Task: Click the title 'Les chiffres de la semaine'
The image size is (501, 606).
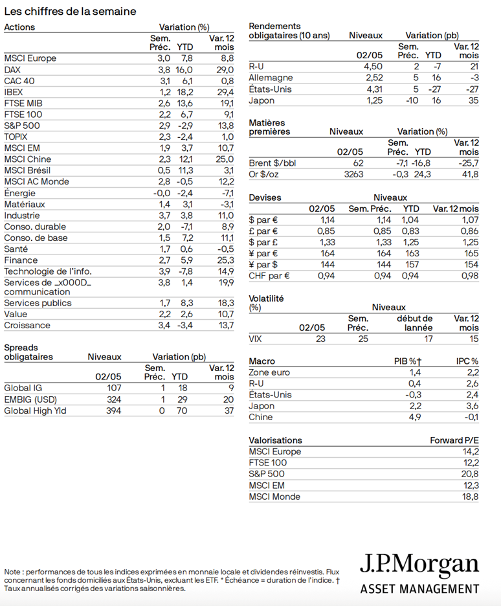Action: click(x=70, y=12)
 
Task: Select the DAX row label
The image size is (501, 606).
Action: click(x=12, y=69)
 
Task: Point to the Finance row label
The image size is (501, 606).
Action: click(x=21, y=260)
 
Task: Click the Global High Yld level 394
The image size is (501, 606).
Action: click(x=113, y=410)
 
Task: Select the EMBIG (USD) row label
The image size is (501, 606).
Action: click(x=31, y=399)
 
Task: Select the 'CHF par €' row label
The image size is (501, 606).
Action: click(x=269, y=276)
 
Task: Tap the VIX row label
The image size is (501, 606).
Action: click(x=256, y=338)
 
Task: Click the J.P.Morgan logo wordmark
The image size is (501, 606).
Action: click(x=419, y=565)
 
